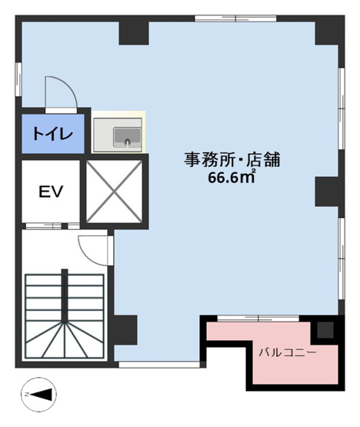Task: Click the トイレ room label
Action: (52, 135)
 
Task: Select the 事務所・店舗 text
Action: (231, 160)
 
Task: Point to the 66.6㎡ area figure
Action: (232, 178)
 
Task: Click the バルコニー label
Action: (287, 352)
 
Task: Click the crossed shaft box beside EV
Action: (112, 189)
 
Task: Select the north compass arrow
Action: (38, 395)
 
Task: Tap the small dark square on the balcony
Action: (325, 331)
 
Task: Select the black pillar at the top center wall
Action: (133, 32)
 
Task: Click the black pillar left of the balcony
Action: (125, 329)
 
